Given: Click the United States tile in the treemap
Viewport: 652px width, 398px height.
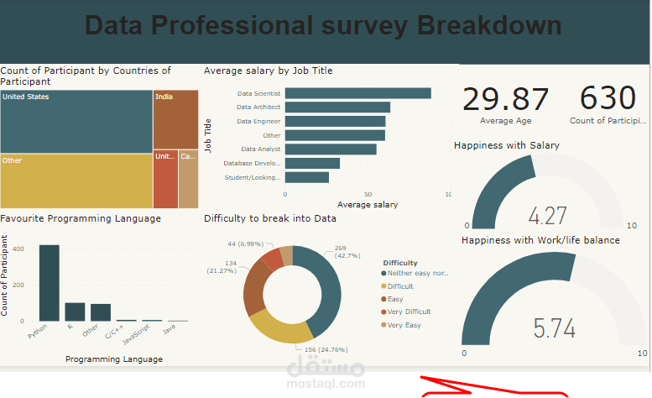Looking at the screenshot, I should pos(76,122).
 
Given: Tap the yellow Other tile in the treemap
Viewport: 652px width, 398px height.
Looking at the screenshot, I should pos(76,180).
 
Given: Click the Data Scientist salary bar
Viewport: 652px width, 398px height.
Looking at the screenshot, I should pos(357,93).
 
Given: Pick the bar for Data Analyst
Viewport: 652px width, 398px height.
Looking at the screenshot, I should pos(331,149).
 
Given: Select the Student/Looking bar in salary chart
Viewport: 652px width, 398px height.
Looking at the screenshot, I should pos(307,177).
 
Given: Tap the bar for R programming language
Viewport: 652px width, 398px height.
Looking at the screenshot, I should pos(76,312).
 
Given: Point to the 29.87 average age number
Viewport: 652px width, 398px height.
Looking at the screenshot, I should pos(506,99).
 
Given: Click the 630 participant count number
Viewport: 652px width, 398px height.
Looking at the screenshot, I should pos(608,98).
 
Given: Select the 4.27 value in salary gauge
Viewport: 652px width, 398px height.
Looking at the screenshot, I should pos(548,216).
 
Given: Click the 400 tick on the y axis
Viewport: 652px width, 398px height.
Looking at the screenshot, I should pos(18,249).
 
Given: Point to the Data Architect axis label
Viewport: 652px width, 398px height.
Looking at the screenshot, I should pos(258,107).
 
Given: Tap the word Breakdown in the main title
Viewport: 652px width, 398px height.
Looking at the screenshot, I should pos(489,25).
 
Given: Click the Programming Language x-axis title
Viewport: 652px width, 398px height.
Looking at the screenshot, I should pos(113,359).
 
